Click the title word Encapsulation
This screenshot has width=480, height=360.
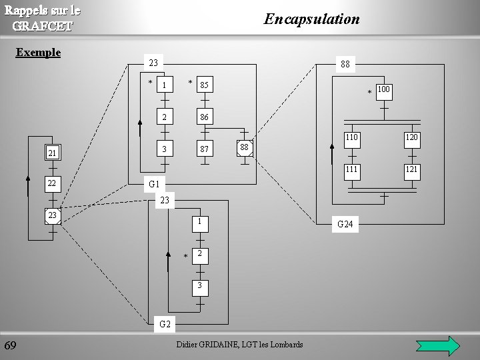(311, 19)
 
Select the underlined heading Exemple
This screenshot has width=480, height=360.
(38, 52)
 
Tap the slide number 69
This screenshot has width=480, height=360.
(11, 345)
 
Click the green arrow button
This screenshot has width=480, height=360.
(437, 346)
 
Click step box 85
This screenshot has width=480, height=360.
(204, 85)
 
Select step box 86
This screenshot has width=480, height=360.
(204, 117)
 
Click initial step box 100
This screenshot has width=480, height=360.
(384, 89)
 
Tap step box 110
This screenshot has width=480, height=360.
(351, 137)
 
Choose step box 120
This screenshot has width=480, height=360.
(411, 137)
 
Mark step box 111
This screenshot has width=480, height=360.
(351, 169)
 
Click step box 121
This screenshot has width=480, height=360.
(411, 169)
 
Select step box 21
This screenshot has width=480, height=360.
(51, 154)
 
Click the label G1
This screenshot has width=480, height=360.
(154, 183)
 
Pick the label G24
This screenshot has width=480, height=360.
(345, 225)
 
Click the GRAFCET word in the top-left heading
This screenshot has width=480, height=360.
(43, 26)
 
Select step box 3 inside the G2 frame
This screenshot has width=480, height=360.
(199, 285)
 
